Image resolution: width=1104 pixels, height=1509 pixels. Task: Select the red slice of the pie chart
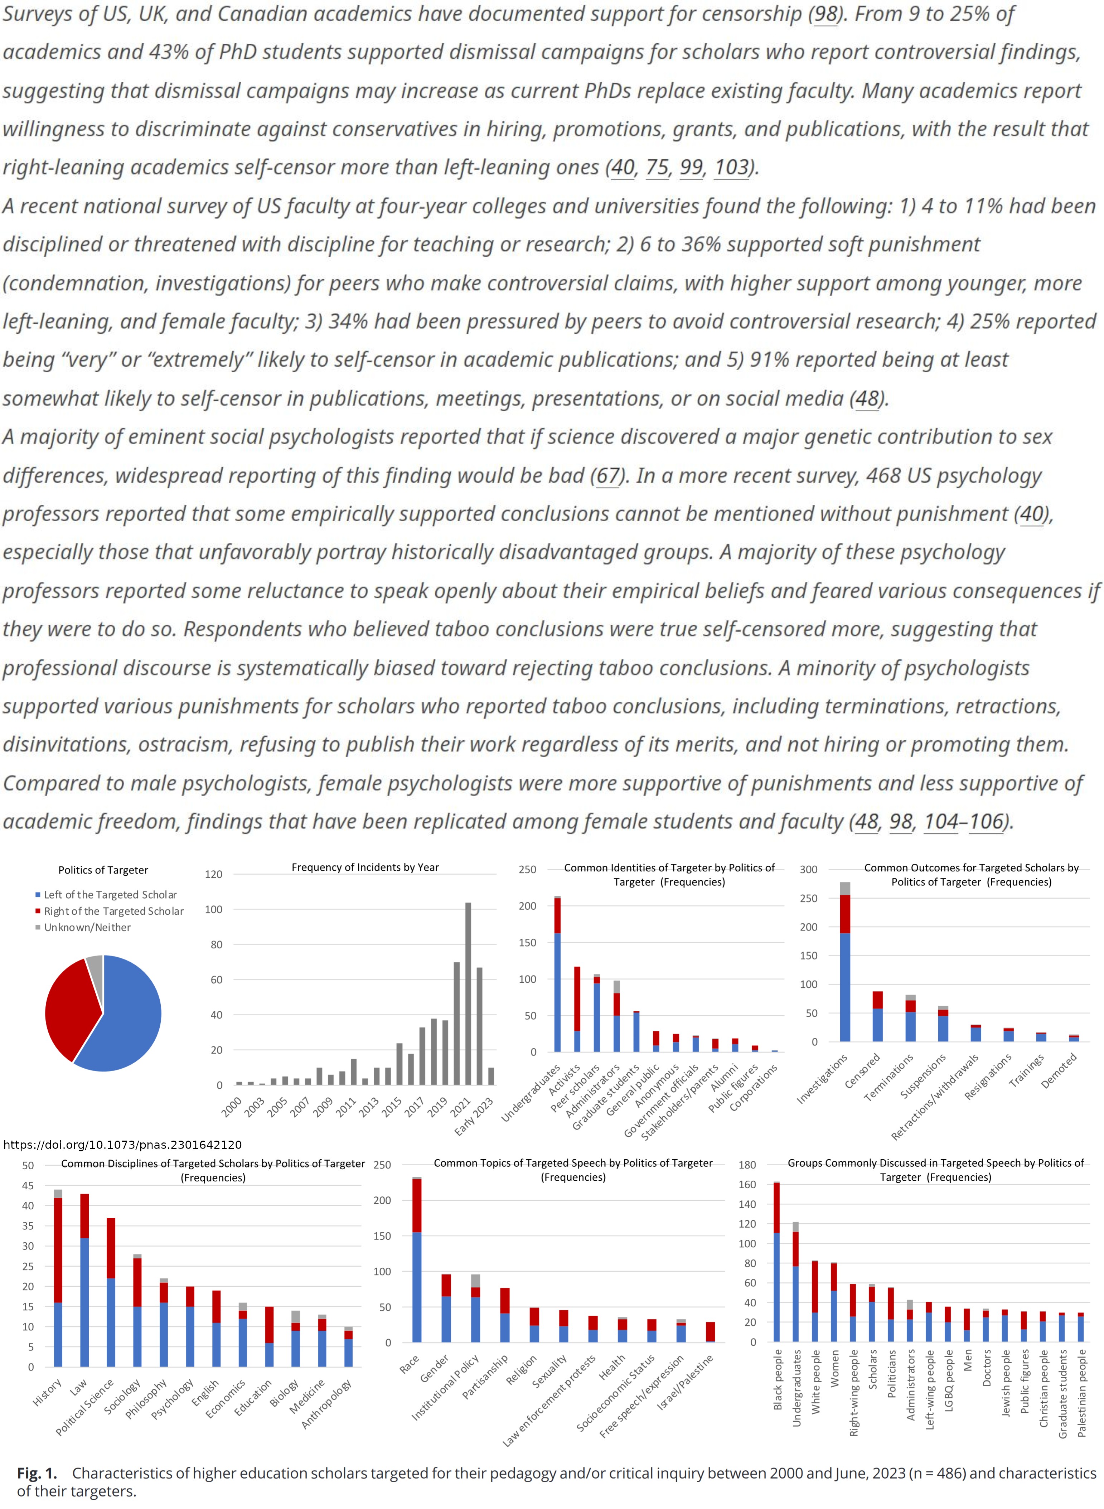pyautogui.click(x=67, y=1006)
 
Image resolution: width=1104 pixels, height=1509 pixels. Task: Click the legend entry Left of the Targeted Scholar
pyautogui.click(x=110, y=894)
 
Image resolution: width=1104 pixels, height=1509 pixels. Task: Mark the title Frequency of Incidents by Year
pyautogui.click(x=365, y=867)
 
